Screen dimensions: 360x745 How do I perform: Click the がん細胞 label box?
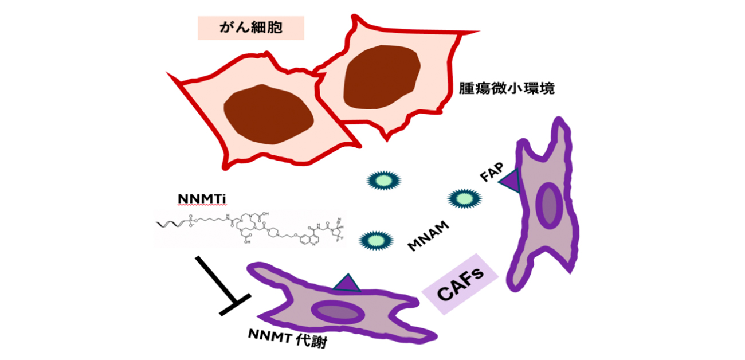pos(250,28)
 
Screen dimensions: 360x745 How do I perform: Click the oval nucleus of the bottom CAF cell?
pos(338,312)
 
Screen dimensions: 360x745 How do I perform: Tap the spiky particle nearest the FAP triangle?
pos(463,199)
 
